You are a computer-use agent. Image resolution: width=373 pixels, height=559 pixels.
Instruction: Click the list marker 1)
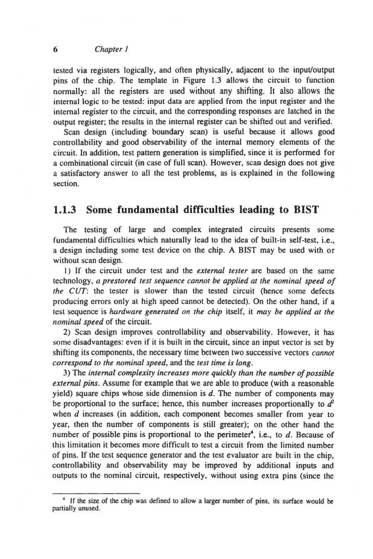click(67, 271)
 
